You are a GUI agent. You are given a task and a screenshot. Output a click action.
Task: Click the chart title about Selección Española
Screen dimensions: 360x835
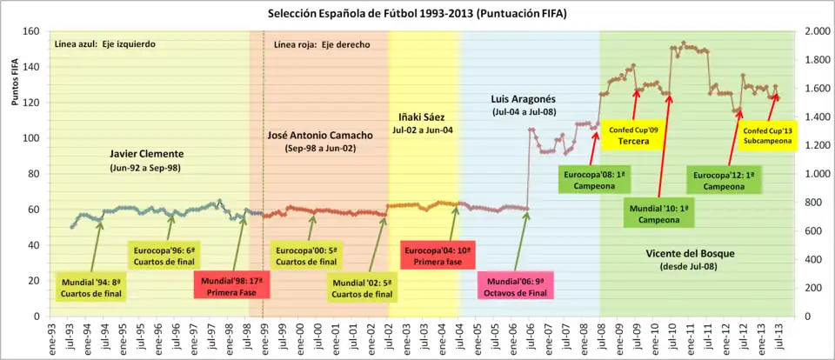tap(417, 14)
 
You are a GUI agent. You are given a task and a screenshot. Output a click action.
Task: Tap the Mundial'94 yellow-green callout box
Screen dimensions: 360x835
tap(91, 287)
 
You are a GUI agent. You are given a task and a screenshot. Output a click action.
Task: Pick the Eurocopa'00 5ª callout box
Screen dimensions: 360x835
tap(305, 256)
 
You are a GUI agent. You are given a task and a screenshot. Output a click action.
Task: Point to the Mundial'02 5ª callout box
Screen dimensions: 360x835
tap(363, 288)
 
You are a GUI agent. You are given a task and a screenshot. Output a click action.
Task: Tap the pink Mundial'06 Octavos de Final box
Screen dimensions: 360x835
tap(516, 287)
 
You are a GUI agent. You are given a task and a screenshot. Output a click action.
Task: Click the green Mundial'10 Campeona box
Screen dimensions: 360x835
tap(658, 214)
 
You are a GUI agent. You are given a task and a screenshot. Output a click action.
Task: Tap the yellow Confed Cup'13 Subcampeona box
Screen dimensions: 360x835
tap(767, 136)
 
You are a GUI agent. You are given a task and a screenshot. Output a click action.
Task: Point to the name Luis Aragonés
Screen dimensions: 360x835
tap(524, 99)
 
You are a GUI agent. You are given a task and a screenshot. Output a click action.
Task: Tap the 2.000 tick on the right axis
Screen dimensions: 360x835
tap(815, 32)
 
